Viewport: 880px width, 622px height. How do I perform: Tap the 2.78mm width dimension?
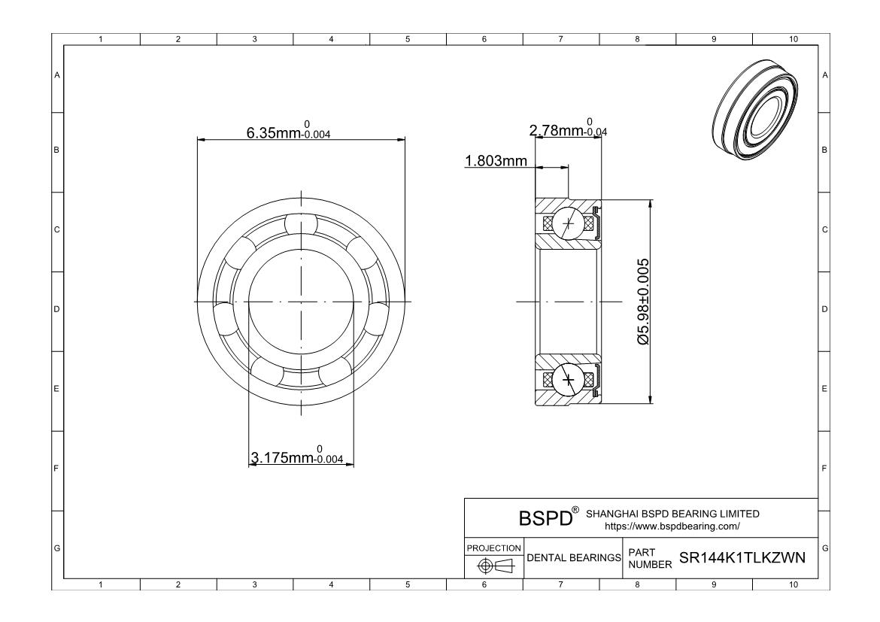568,129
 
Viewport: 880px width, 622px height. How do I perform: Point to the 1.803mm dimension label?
496,161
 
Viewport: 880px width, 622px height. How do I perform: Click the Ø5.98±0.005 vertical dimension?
643,302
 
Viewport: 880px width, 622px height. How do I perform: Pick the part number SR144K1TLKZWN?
742,557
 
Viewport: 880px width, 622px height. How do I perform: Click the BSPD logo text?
545,517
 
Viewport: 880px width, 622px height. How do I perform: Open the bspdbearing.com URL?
672,526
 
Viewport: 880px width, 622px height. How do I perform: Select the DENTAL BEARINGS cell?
574,557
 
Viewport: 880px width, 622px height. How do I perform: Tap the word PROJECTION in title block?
494,548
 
